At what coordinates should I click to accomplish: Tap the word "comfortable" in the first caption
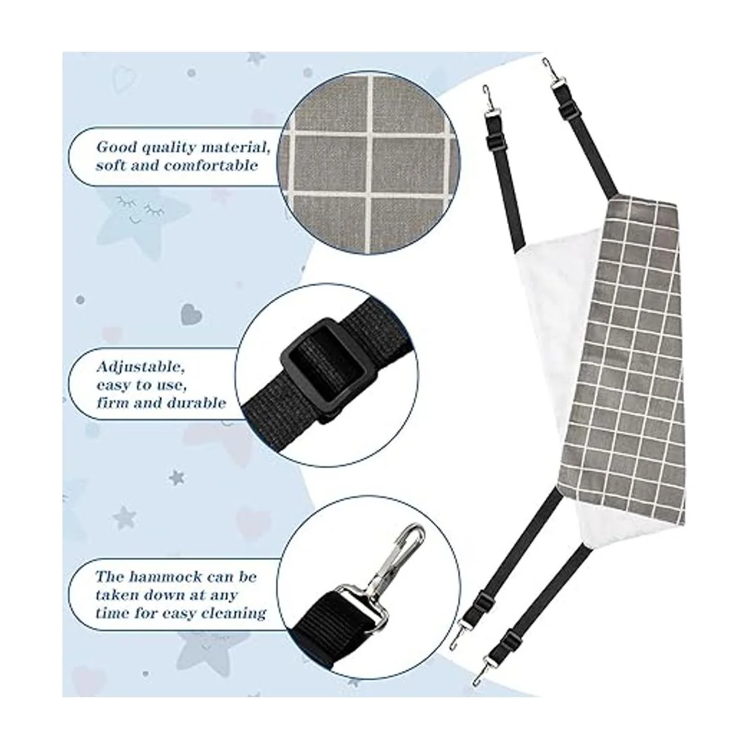pos(210,165)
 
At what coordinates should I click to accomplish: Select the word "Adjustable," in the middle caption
pos(140,367)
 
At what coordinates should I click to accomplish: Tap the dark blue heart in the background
pos(191,314)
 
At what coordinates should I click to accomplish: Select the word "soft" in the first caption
pos(111,165)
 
